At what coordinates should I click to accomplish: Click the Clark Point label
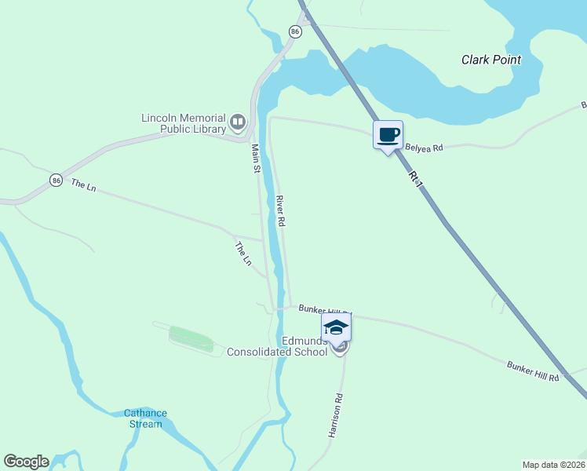491,60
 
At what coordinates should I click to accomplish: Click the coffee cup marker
388,134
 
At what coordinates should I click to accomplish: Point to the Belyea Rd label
424,147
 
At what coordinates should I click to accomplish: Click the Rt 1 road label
417,179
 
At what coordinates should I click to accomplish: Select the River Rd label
279,211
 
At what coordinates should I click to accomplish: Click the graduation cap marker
337,327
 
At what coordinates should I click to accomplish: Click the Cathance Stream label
145,418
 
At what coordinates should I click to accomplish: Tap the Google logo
26,462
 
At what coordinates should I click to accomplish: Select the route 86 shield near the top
294,31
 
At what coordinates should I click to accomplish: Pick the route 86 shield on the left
55,180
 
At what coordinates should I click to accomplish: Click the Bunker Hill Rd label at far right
533,372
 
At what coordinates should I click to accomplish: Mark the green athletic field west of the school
191,339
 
